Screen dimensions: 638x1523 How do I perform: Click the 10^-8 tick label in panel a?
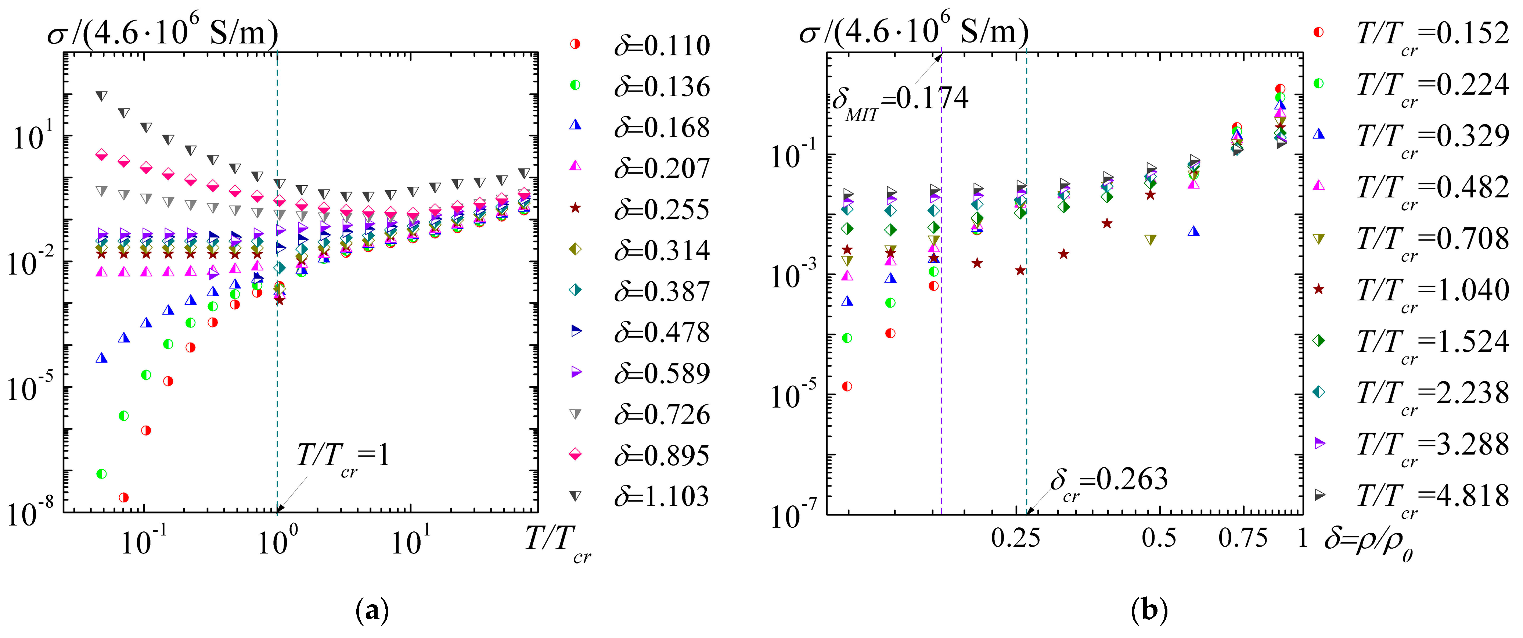(x=29, y=512)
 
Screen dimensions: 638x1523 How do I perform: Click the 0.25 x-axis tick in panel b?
(x=1015, y=538)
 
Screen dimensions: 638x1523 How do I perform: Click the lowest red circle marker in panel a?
(x=123, y=497)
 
